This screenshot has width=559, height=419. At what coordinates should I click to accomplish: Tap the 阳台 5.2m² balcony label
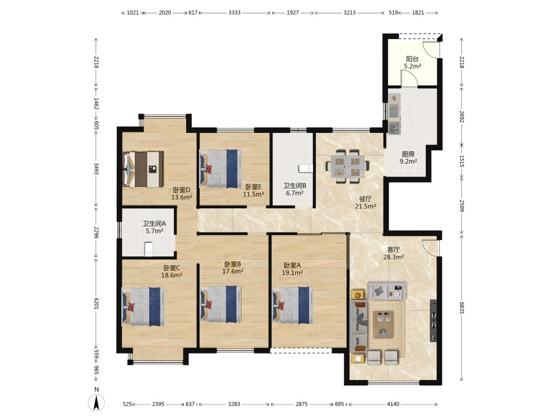point(413,63)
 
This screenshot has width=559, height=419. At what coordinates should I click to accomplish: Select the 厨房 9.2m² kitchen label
point(408,158)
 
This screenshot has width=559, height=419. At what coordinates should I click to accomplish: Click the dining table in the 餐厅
point(347,166)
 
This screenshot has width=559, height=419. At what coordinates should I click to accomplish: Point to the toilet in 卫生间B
point(306,168)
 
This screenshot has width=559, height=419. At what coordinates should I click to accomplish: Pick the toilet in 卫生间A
point(149,249)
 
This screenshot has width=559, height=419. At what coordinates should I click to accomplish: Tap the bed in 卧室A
point(293,306)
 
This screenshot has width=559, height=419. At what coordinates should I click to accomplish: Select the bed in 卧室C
point(143,307)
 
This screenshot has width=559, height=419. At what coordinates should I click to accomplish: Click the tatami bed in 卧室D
point(143,169)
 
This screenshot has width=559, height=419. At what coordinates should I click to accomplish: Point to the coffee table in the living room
point(383,324)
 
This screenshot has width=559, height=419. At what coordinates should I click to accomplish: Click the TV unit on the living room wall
point(433,321)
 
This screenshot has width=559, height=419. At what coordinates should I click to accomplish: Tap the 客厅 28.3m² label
point(394,253)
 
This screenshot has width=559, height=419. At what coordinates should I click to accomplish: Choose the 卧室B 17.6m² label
point(233,268)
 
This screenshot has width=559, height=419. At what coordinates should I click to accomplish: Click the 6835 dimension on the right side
point(462,308)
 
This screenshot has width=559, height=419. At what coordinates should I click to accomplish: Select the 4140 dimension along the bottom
point(393,404)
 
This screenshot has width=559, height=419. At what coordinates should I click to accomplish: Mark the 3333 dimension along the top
point(234,12)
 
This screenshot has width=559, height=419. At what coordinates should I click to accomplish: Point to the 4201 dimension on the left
point(96,303)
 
